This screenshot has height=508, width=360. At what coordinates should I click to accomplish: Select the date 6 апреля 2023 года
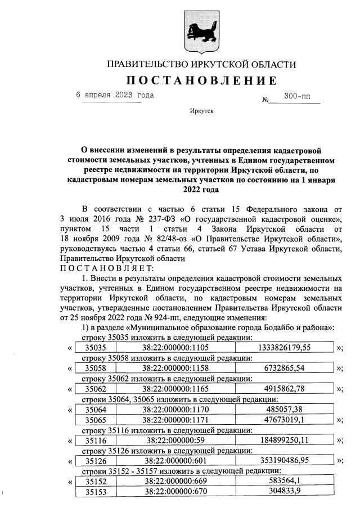click(x=115, y=95)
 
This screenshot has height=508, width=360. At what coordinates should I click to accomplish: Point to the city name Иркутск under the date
click(x=201, y=112)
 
